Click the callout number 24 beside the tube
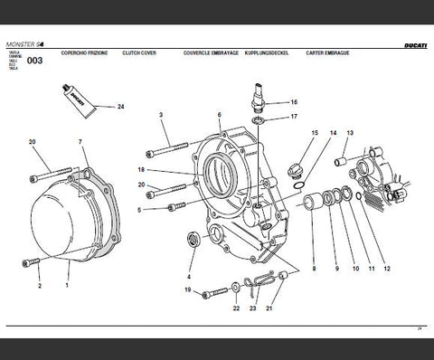[120, 107]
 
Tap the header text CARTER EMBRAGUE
[328, 53]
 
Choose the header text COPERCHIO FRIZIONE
[85, 53]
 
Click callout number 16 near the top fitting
[293, 102]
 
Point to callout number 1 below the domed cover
[66, 285]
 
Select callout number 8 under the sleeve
[314, 269]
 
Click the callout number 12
[386, 269]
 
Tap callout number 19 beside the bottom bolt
[187, 289]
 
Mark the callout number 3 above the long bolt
[160, 115]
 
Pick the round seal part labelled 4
[192, 240]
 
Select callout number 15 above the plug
[314, 133]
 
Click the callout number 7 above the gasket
[80, 142]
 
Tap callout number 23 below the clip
[252, 308]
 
